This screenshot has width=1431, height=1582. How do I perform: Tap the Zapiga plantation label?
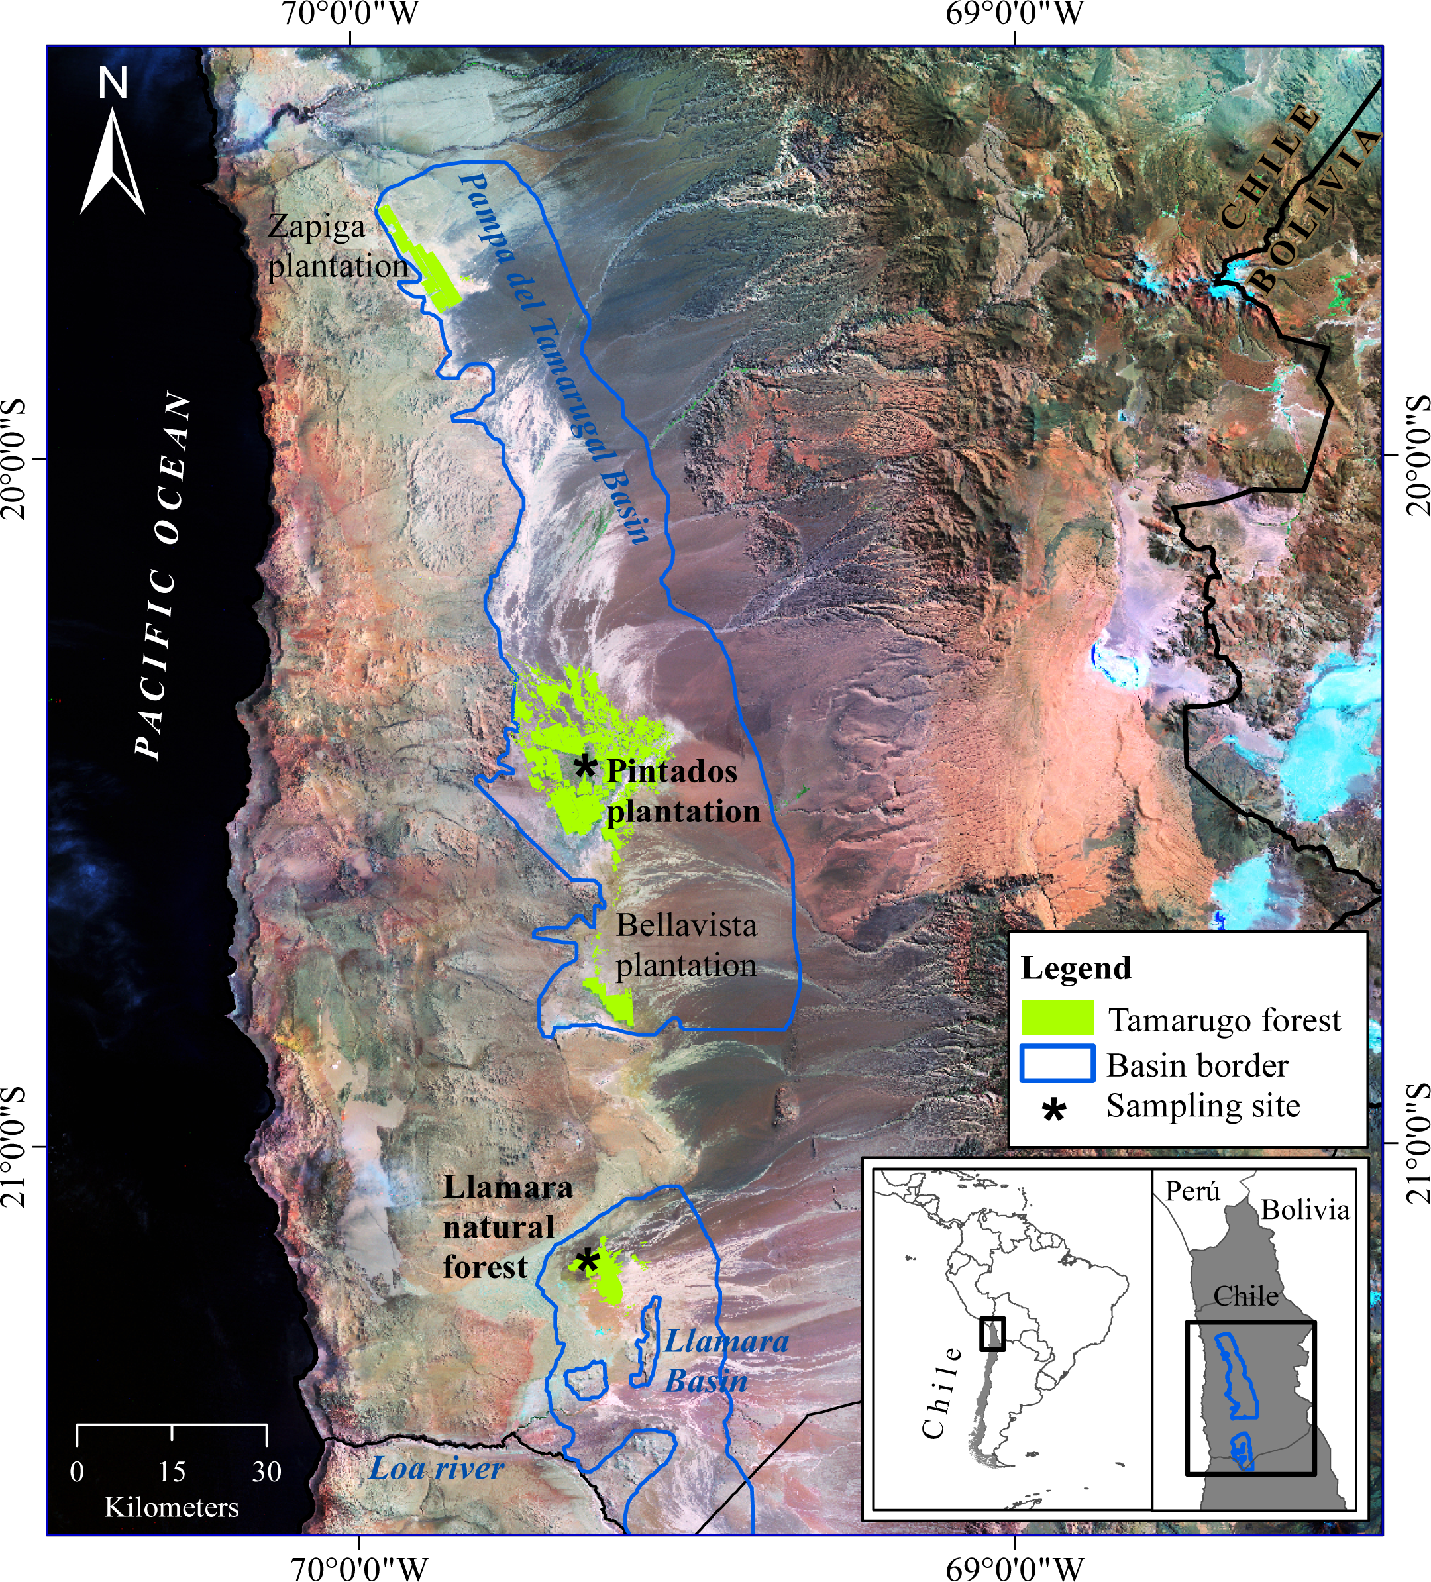tap(337, 246)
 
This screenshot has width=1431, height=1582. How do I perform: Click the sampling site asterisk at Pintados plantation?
tap(584, 766)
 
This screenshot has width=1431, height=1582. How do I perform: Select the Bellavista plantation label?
tap(686, 945)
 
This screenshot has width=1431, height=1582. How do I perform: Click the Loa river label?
tap(436, 1469)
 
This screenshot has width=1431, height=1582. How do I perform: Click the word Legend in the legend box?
tap(1076, 969)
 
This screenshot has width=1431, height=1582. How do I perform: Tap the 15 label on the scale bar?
tap(172, 1471)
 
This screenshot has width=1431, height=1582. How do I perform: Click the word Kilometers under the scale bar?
tap(172, 1507)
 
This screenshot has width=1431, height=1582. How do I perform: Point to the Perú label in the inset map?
tap(1192, 1191)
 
